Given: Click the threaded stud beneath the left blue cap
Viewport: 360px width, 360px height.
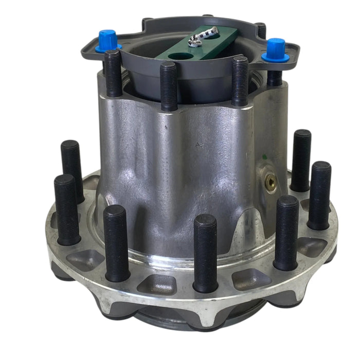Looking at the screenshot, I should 113,72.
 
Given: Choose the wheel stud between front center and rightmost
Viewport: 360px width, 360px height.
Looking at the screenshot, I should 286,231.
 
